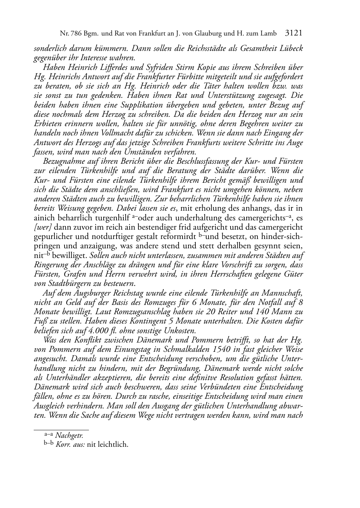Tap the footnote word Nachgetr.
point(69,436)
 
